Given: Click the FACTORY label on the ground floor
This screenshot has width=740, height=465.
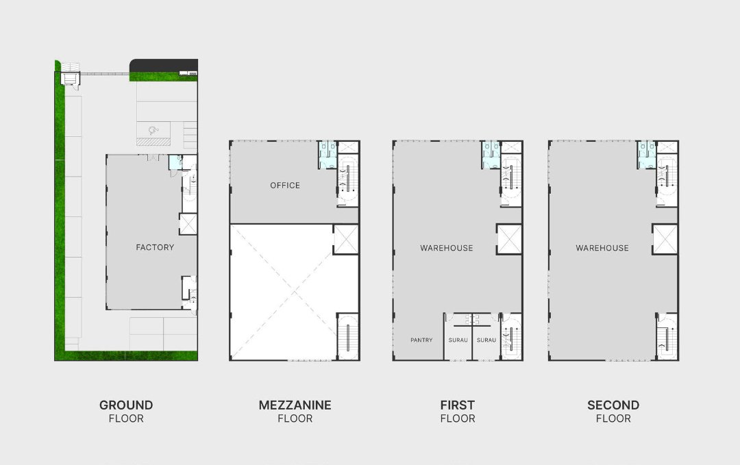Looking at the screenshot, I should point(155,247).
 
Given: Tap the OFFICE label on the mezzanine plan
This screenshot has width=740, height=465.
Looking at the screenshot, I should point(285,186).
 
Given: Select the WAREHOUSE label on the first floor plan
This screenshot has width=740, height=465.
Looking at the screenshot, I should point(447,248).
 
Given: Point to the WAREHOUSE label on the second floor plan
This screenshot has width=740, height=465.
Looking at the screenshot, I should point(602,248).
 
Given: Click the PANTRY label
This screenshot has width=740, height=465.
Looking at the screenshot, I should point(421,340).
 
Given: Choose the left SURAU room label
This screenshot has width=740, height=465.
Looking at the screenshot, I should point(458,340).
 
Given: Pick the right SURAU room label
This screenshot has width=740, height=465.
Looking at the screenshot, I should point(486,340).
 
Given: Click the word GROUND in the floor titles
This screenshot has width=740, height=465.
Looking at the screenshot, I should point(126,405).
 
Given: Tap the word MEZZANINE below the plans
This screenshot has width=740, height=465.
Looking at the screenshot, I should point(295,405).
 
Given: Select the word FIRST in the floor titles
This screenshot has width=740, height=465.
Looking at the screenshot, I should point(457,405).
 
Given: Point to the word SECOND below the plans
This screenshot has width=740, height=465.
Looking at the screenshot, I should point(613,405).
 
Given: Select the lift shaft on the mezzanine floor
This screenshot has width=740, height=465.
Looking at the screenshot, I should point(345,239).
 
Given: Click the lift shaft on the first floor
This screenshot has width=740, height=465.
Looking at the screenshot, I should point(509,239).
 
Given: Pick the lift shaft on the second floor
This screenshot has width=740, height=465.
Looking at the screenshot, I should point(665,239).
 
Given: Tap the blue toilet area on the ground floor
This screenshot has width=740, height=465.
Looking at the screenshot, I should point(175,162).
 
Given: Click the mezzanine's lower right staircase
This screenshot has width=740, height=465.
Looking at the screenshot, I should point(347,336).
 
